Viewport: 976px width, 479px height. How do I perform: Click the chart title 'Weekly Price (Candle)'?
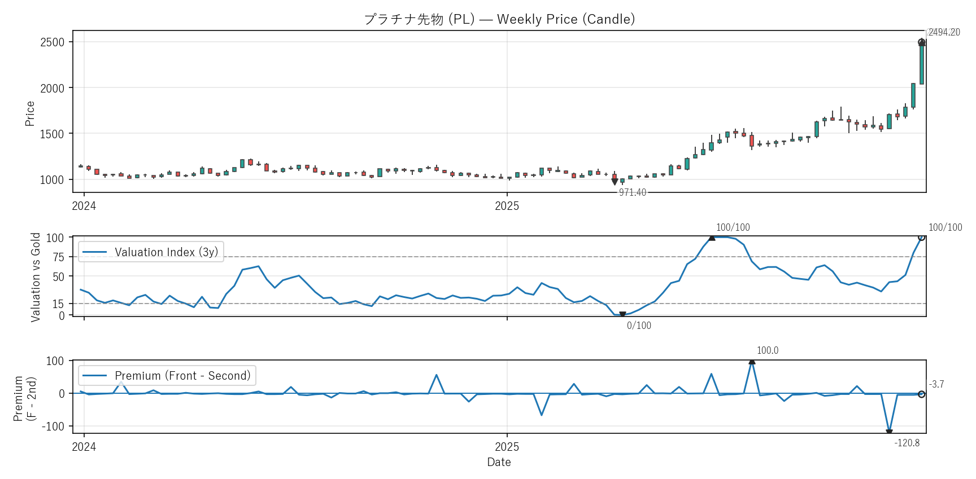499,19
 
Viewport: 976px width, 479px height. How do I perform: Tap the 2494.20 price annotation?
944,32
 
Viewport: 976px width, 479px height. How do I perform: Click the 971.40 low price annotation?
632,192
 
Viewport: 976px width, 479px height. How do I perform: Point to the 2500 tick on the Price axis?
52,42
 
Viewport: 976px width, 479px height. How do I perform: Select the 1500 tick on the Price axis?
52,134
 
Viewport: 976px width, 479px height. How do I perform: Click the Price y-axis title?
30,113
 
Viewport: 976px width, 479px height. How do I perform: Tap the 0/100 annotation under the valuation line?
639,326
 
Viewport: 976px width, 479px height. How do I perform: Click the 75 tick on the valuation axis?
59,257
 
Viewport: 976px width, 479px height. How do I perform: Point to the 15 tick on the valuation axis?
59,304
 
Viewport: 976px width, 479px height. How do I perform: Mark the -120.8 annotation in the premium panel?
907,443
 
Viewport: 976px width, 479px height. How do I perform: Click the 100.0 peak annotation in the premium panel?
767,350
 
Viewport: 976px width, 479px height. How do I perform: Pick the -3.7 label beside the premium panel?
936,384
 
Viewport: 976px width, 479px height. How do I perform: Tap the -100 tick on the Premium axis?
53,427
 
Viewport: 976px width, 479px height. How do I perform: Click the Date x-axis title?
499,462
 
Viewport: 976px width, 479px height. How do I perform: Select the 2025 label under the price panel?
507,206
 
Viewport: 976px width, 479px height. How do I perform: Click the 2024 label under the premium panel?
84,447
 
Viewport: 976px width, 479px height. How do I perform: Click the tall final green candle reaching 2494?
922,63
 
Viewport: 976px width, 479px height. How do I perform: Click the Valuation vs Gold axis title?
36,277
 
